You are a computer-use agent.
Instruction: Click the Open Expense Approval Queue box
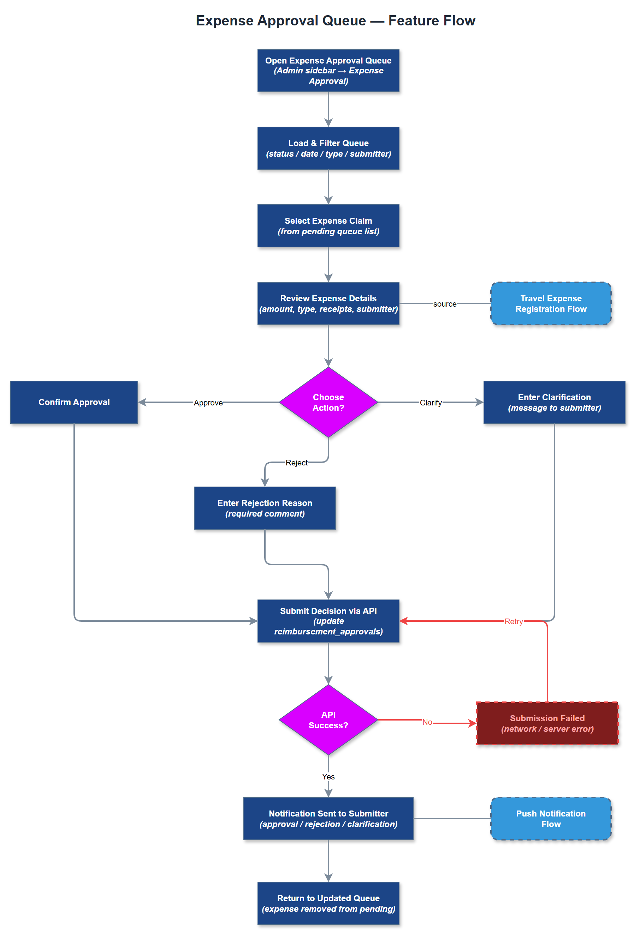(328, 71)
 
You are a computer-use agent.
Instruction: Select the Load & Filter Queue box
(328, 148)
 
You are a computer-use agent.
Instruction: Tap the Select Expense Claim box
(328, 226)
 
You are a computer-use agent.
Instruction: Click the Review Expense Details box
(328, 303)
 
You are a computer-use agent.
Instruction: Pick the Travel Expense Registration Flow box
(551, 303)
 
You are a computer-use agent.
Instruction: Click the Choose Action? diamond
(328, 402)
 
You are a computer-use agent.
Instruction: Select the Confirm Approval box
(74, 402)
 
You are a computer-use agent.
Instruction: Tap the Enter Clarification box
(554, 402)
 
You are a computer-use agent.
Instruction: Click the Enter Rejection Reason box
(265, 508)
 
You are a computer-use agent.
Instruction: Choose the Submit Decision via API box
(328, 621)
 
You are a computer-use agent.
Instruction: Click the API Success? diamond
(328, 720)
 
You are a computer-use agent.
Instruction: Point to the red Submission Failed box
(547, 723)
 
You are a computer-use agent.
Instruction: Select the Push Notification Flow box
(551, 819)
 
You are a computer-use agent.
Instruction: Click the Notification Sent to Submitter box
(328, 819)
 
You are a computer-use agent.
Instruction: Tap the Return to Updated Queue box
(328, 903)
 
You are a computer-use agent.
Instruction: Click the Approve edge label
(208, 403)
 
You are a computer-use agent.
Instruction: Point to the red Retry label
(513, 621)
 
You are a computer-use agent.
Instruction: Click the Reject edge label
(296, 463)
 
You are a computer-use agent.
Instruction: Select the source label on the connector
(445, 304)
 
